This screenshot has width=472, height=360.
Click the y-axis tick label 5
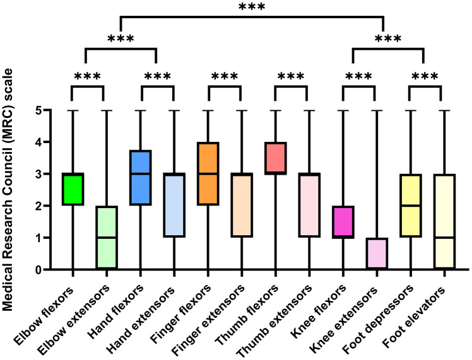[x=39, y=110]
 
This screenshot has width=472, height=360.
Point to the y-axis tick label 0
[x=39, y=270]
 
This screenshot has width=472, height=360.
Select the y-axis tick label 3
[x=39, y=174]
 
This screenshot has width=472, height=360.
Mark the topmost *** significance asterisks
[x=252, y=8]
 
